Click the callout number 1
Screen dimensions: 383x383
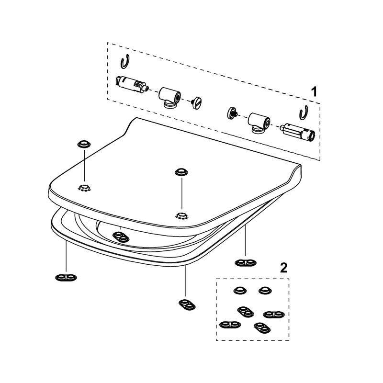tap(314, 92)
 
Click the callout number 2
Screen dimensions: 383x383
tap(283, 268)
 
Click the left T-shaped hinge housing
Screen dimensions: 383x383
tap(170, 97)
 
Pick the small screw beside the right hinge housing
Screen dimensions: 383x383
tap(232, 113)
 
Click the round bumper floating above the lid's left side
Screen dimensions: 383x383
tap(84, 144)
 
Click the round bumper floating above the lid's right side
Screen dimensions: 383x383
tap(181, 172)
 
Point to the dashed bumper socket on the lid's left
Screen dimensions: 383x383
tap(84, 188)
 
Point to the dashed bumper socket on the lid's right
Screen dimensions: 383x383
tap(181, 216)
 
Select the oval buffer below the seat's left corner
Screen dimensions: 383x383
tap(66, 278)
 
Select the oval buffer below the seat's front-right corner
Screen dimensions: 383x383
tap(187, 305)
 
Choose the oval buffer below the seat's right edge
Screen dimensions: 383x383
tap(246, 263)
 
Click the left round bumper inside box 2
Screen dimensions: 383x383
tap(240, 291)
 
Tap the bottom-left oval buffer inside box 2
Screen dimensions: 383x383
tap(230, 325)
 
